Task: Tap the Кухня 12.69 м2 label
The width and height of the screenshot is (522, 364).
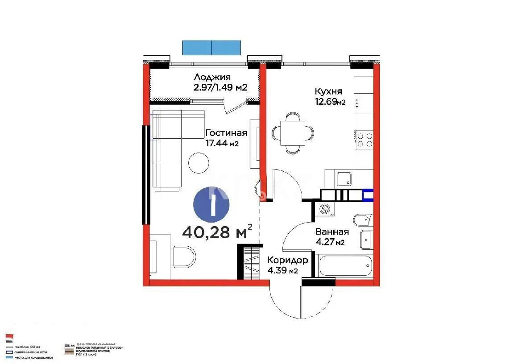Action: point(330,96)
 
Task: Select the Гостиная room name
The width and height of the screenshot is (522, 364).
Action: point(226,133)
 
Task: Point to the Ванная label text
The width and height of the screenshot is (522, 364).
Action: point(331,232)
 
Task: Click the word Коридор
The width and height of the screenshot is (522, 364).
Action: point(287,260)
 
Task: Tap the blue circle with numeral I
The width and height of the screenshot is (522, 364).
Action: point(211,204)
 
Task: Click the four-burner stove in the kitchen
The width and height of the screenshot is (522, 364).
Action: point(364,139)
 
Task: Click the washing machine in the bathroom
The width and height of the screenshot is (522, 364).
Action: point(325,209)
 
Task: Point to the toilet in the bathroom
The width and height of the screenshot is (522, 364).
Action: point(361,220)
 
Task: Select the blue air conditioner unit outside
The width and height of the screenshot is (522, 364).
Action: point(211,47)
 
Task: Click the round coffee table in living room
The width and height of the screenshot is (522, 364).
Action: point(199,163)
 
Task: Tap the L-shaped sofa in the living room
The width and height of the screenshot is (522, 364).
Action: point(167,149)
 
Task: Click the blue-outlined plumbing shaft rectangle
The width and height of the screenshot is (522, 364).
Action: point(368,195)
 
